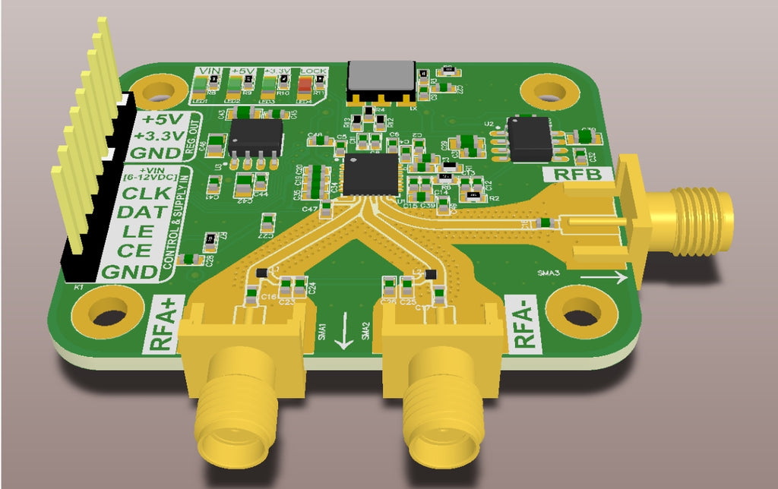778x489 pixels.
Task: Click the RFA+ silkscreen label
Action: (x=160, y=324)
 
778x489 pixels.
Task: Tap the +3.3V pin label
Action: (x=158, y=136)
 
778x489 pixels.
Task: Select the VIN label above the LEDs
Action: (x=206, y=71)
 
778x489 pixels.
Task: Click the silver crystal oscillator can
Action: (x=381, y=77)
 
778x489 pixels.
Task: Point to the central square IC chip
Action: (x=371, y=174)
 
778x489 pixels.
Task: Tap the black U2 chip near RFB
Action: (x=530, y=138)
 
